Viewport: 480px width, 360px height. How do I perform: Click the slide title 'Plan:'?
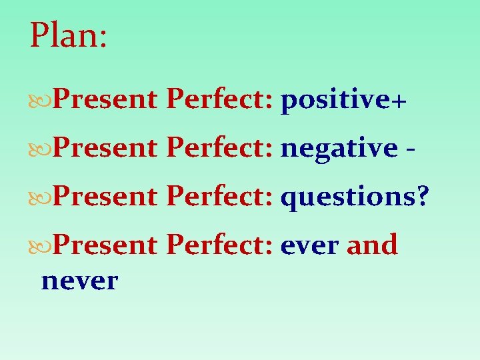click(x=68, y=36)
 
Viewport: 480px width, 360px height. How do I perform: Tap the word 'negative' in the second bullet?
click(x=339, y=149)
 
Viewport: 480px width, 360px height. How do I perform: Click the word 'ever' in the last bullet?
click(x=309, y=245)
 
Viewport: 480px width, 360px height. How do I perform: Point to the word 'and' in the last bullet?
click(x=372, y=245)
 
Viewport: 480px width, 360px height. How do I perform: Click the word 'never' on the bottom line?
click(x=79, y=281)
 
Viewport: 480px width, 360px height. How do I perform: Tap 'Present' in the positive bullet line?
click(x=104, y=101)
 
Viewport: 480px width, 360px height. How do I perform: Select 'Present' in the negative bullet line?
click(x=104, y=149)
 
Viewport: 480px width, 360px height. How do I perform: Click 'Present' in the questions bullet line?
click(x=104, y=197)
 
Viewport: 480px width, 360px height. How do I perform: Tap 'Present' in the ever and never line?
click(x=104, y=245)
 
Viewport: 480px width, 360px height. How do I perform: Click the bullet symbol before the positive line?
click(x=41, y=101)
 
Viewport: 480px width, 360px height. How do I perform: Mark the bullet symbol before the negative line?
click(x=41, y=149)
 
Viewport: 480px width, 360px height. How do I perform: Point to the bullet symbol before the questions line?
click(x=41, y=197)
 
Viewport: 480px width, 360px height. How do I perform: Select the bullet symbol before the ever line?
click(x=41, y=245)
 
